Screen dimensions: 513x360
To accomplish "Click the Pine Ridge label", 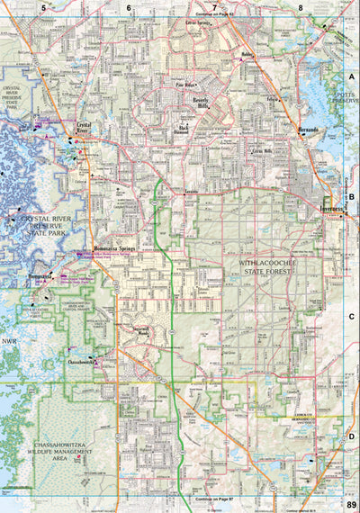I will (185, 87).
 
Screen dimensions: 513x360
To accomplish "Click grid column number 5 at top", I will (42, 7).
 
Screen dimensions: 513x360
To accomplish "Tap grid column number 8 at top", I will (301, 7).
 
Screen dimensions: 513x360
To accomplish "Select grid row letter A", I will (353, 78).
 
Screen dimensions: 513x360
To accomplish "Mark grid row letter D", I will (352, 436).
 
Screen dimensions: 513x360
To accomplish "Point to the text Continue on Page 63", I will (214, 15).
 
